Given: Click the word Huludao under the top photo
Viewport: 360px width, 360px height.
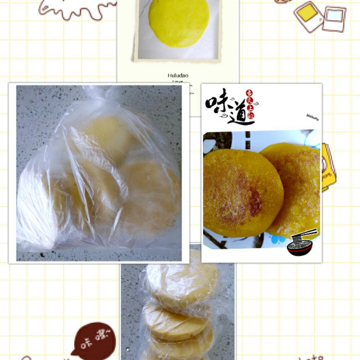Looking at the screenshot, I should point(178,76).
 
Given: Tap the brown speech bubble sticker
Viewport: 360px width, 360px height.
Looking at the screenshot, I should point(94,340).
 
